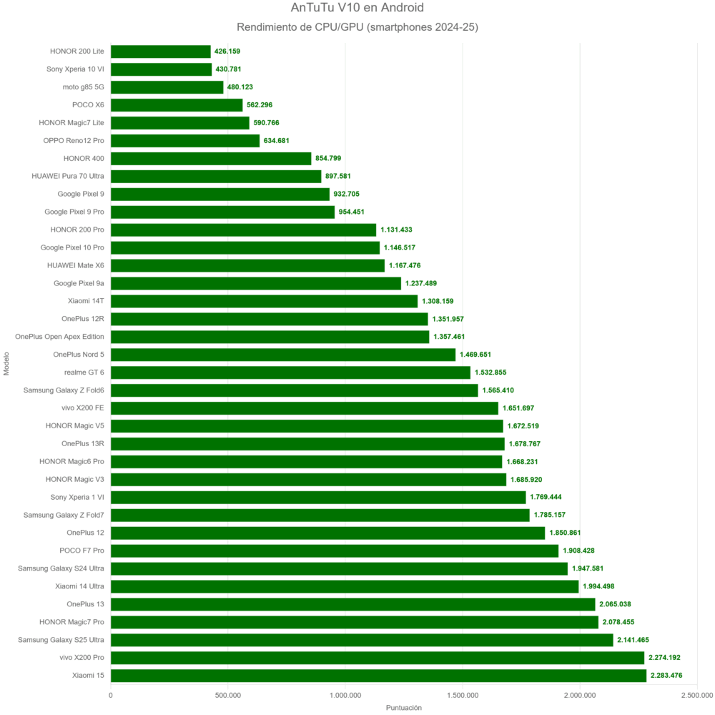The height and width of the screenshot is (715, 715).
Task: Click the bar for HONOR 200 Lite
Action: (161, 51)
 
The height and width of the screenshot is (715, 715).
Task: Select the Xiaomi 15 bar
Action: (378, 676)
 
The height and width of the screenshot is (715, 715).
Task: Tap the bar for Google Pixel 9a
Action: (256, 283)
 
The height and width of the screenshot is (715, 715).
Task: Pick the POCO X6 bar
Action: (177, 105)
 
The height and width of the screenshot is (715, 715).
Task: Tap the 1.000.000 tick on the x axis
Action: (345, 694)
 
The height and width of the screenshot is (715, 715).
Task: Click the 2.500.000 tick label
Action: (697, 694)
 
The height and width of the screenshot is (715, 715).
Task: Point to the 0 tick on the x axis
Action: (111, 694)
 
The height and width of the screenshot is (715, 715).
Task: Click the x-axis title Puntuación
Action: (404, 708)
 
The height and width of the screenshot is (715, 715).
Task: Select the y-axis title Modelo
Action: (6, 363)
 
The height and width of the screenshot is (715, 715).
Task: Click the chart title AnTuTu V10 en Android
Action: (357, 8)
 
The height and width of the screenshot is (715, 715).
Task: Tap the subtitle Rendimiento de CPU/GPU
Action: (357, 27)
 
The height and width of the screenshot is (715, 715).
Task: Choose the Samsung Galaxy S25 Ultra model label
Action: (61, 640)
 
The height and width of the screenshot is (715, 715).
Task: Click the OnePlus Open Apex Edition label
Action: (59, 337)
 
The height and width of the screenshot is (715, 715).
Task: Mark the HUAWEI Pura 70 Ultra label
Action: (68, 176)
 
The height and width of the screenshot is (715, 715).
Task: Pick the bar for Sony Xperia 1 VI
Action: (318, 497)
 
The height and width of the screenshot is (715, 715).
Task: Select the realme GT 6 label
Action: (83, 373)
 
